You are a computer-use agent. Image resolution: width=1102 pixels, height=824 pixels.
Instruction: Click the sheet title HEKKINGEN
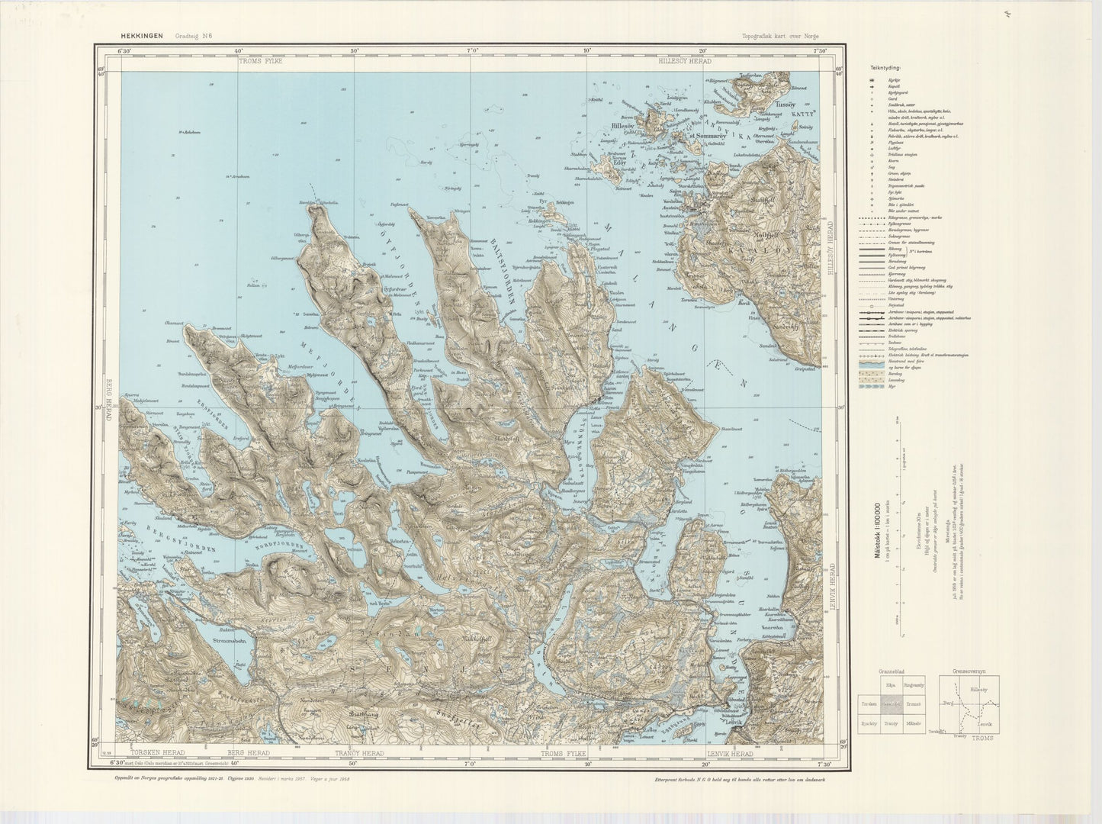coord(143,35)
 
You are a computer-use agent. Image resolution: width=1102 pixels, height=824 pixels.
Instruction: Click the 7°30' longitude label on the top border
coord(821,51)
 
